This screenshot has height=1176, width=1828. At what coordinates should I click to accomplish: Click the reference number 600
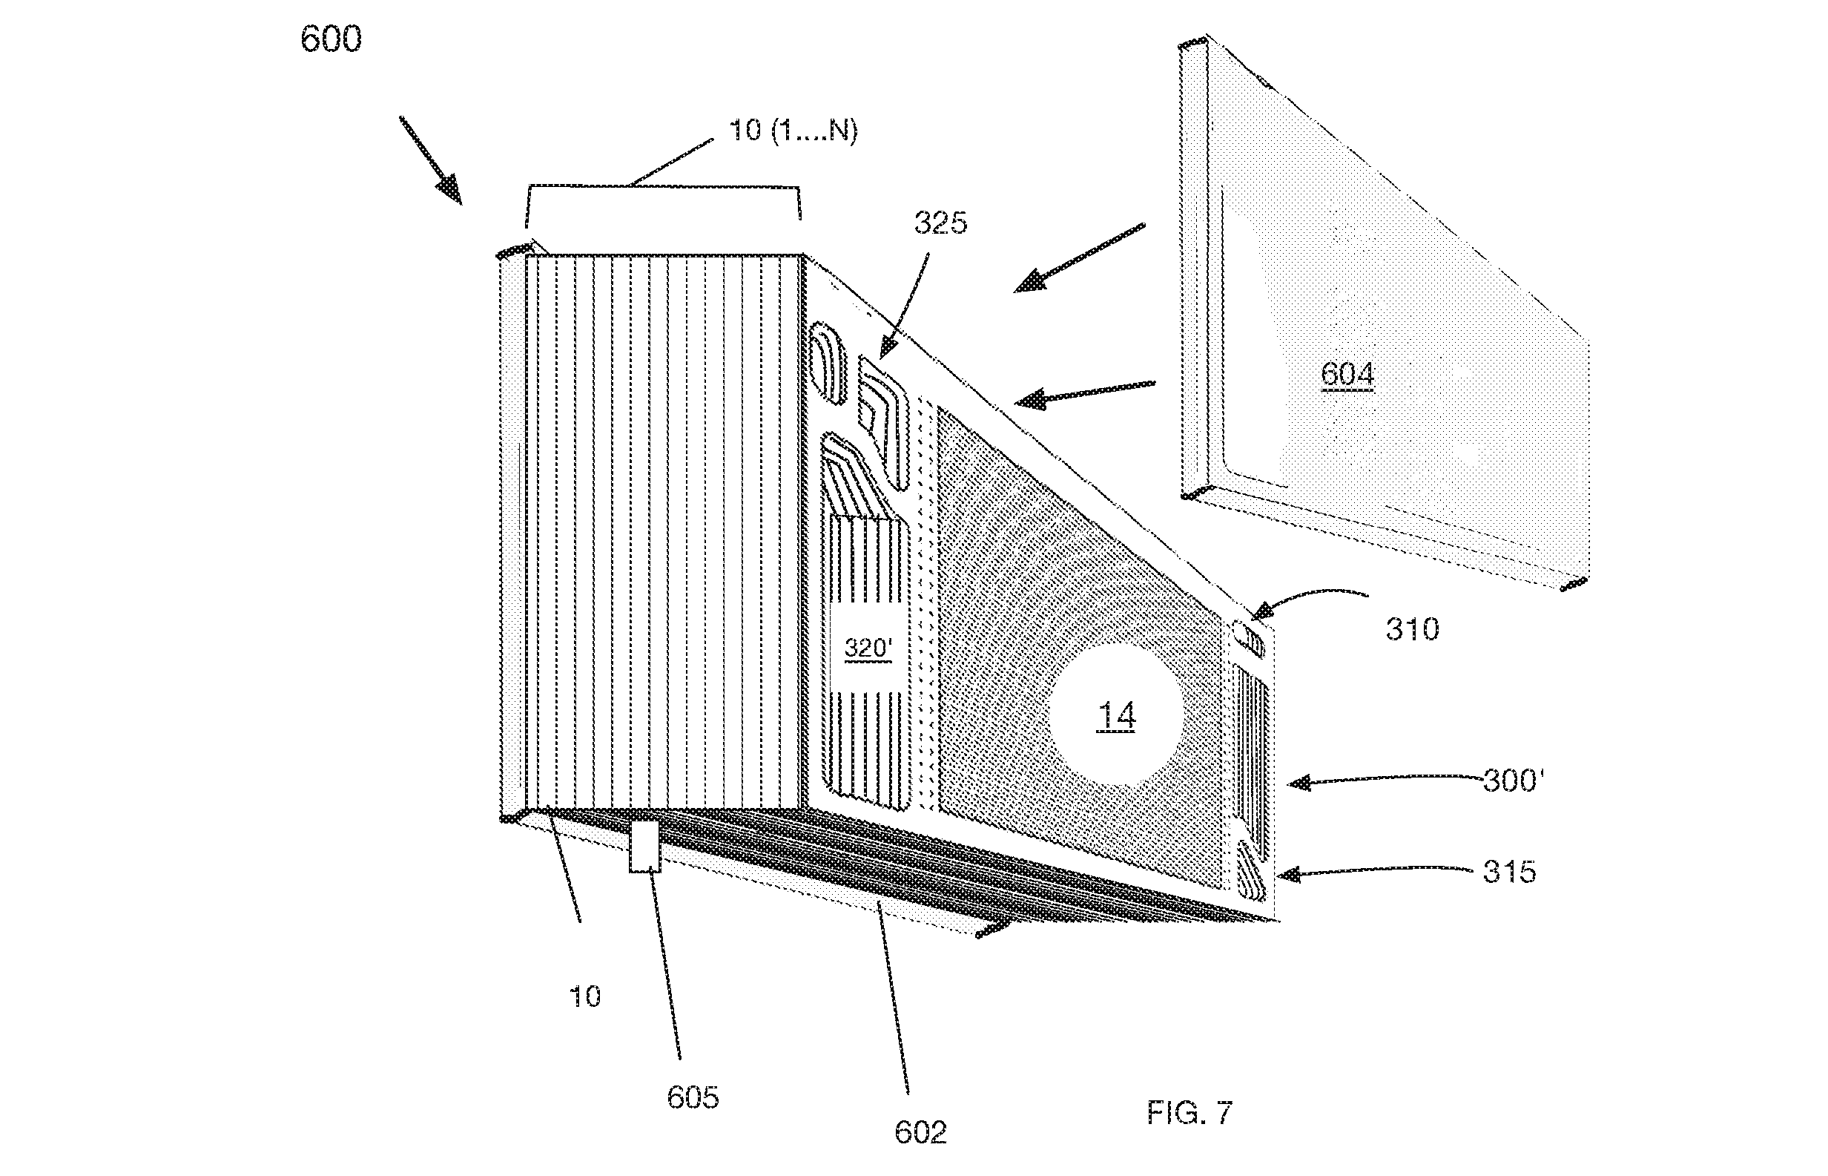pos(331,39)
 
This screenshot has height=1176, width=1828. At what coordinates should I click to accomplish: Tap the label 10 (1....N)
pos(793,131)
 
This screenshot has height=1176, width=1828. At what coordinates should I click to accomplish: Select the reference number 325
pos(940,223)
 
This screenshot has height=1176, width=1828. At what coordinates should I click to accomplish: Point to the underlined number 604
pos(1347,374)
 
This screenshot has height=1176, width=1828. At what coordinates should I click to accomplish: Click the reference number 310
pos(1412,629)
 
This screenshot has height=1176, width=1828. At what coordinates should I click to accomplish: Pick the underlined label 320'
pos(868,648)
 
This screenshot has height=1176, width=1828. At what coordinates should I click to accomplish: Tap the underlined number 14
pos(1116,716)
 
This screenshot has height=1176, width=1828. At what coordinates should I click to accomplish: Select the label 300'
pos(1513,781)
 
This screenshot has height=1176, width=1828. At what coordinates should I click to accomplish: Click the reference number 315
pos(1509,871)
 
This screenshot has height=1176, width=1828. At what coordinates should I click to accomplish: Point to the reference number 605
pos(693,1097)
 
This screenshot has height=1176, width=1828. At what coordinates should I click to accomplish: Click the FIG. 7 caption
pos(1189,1113)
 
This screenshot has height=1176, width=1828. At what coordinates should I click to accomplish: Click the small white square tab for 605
pos(644,846)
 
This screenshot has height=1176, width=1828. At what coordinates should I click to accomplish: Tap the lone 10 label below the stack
pos(585,996)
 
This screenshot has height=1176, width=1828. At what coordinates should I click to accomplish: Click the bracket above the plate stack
pos(663,186)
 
